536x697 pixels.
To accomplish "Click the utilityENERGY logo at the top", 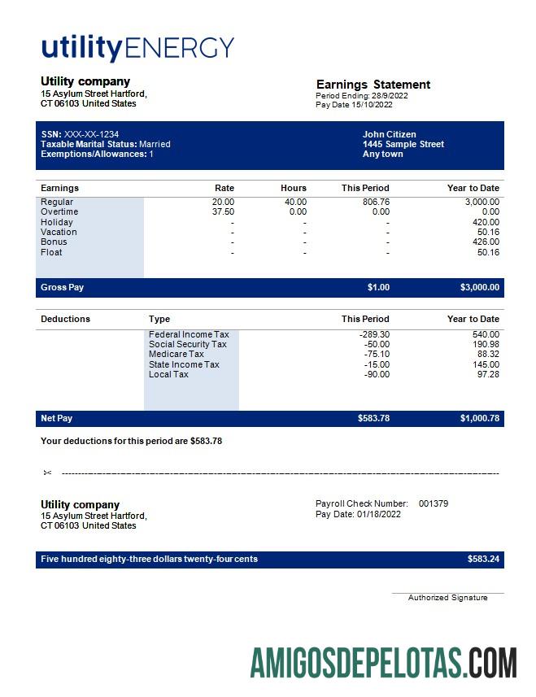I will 137,48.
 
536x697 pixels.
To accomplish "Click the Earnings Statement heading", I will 373,85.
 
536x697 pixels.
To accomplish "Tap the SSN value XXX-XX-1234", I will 91,134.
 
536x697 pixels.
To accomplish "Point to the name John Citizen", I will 389,134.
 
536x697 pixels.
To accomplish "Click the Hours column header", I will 294,188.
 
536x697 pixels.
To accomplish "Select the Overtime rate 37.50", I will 223,211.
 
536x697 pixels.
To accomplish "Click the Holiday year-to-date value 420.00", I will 486,222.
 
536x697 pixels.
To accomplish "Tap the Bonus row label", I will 54,242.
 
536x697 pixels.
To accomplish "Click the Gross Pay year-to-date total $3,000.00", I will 480,287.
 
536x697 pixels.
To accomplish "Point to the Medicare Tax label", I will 176,354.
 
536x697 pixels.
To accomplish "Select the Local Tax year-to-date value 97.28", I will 488,374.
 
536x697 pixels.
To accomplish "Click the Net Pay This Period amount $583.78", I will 373,418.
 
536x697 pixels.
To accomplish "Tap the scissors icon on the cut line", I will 47,473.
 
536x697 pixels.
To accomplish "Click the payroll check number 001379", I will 433,503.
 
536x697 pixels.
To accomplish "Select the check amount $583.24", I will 483,559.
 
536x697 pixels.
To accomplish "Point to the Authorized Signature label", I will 447,598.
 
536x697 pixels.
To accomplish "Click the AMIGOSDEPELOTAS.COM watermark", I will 383,663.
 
